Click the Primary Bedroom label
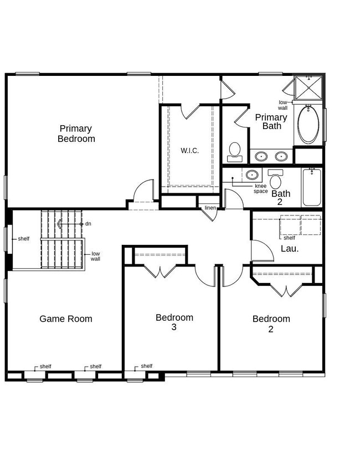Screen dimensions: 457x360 [x=76, y=133]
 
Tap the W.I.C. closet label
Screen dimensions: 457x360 [x=189, y=150]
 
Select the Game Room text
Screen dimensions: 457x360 [x=66, y=319]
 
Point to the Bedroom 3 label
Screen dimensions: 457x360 [x=174, y=322]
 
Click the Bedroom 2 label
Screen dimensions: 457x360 [x=271, y=324]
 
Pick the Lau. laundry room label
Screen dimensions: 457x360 [x=290, y=249]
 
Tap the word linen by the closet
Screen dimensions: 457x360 [x=210, y=208]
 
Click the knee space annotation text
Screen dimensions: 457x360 [x=261, y=189]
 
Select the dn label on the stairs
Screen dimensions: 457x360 [x=88, y=224]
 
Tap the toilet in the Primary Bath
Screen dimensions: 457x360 [x=235, y=151]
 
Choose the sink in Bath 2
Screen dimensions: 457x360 [x=252, y=175]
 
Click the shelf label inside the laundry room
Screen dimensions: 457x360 [x=289, y=238]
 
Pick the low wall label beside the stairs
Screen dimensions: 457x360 [x=95, y=256]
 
